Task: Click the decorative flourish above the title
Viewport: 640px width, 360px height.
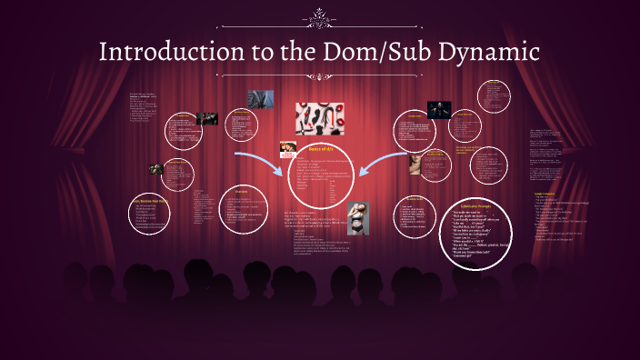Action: click(319, 15)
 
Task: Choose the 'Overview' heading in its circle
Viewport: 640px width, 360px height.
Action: click(242, 191)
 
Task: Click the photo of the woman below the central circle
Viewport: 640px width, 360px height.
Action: click(358, 218)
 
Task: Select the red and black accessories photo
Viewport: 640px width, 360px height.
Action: click(319, 118)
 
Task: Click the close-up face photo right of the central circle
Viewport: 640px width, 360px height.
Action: click(415, 164)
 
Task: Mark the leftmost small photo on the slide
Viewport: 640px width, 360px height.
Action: click(156, 168)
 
